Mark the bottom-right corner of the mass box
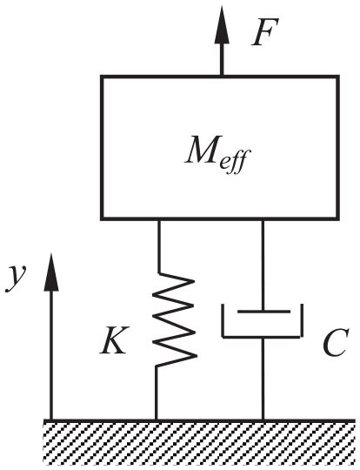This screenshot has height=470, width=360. pyautogui.click(x=337, y=218)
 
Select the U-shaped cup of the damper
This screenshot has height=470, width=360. pyautogui.click(x=262, y=335)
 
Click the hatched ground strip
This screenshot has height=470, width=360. pyautogui.click(x=200, y=440)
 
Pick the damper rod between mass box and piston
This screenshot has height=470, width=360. pyautogui.click(x=262, y=261)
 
